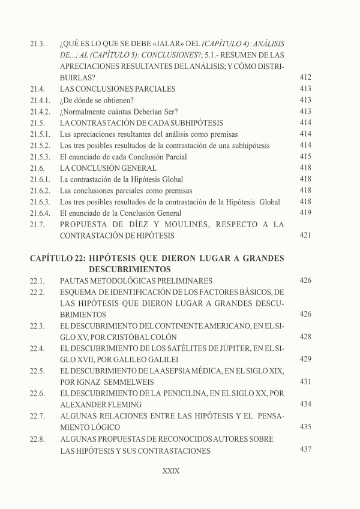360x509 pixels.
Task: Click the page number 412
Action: pyautogui.click(x=305, y=78)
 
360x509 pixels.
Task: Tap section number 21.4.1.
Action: pyautogui.click(x=39, y=100)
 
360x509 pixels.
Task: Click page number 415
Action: pyautogui.click(x=305, y=157)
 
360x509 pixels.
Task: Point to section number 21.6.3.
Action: pyautogui.click(x=39, y=202)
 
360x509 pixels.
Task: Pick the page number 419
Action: pyautogui.click(x=305, y=213)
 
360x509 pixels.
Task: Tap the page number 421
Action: pyautogui.click(x=305, y=236)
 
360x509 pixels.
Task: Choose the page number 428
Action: pyautogui.click(x=305, y=337)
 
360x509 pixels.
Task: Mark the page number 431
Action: pyautogui.click(x=305, y=382)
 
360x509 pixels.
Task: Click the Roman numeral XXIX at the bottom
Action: pyautogui.click(x=171, y=471)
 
